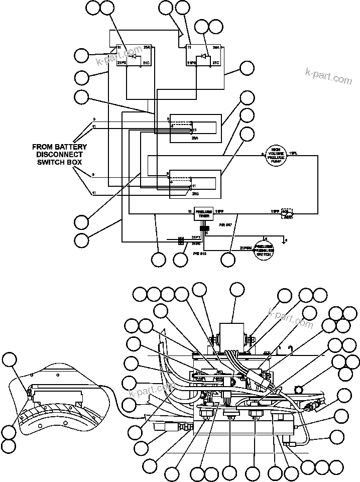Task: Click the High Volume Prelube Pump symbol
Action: pos(275,155)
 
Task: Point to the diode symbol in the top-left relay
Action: pos(134,56)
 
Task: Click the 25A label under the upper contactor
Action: pos(195,137)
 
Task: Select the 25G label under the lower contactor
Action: pos(195,193)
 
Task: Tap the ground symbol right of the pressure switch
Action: pos(285,241)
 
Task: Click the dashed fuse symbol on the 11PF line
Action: pos(288,213)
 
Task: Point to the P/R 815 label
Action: pos(199,255)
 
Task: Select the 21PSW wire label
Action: pos(245,248)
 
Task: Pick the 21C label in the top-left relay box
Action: pos(146,63)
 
